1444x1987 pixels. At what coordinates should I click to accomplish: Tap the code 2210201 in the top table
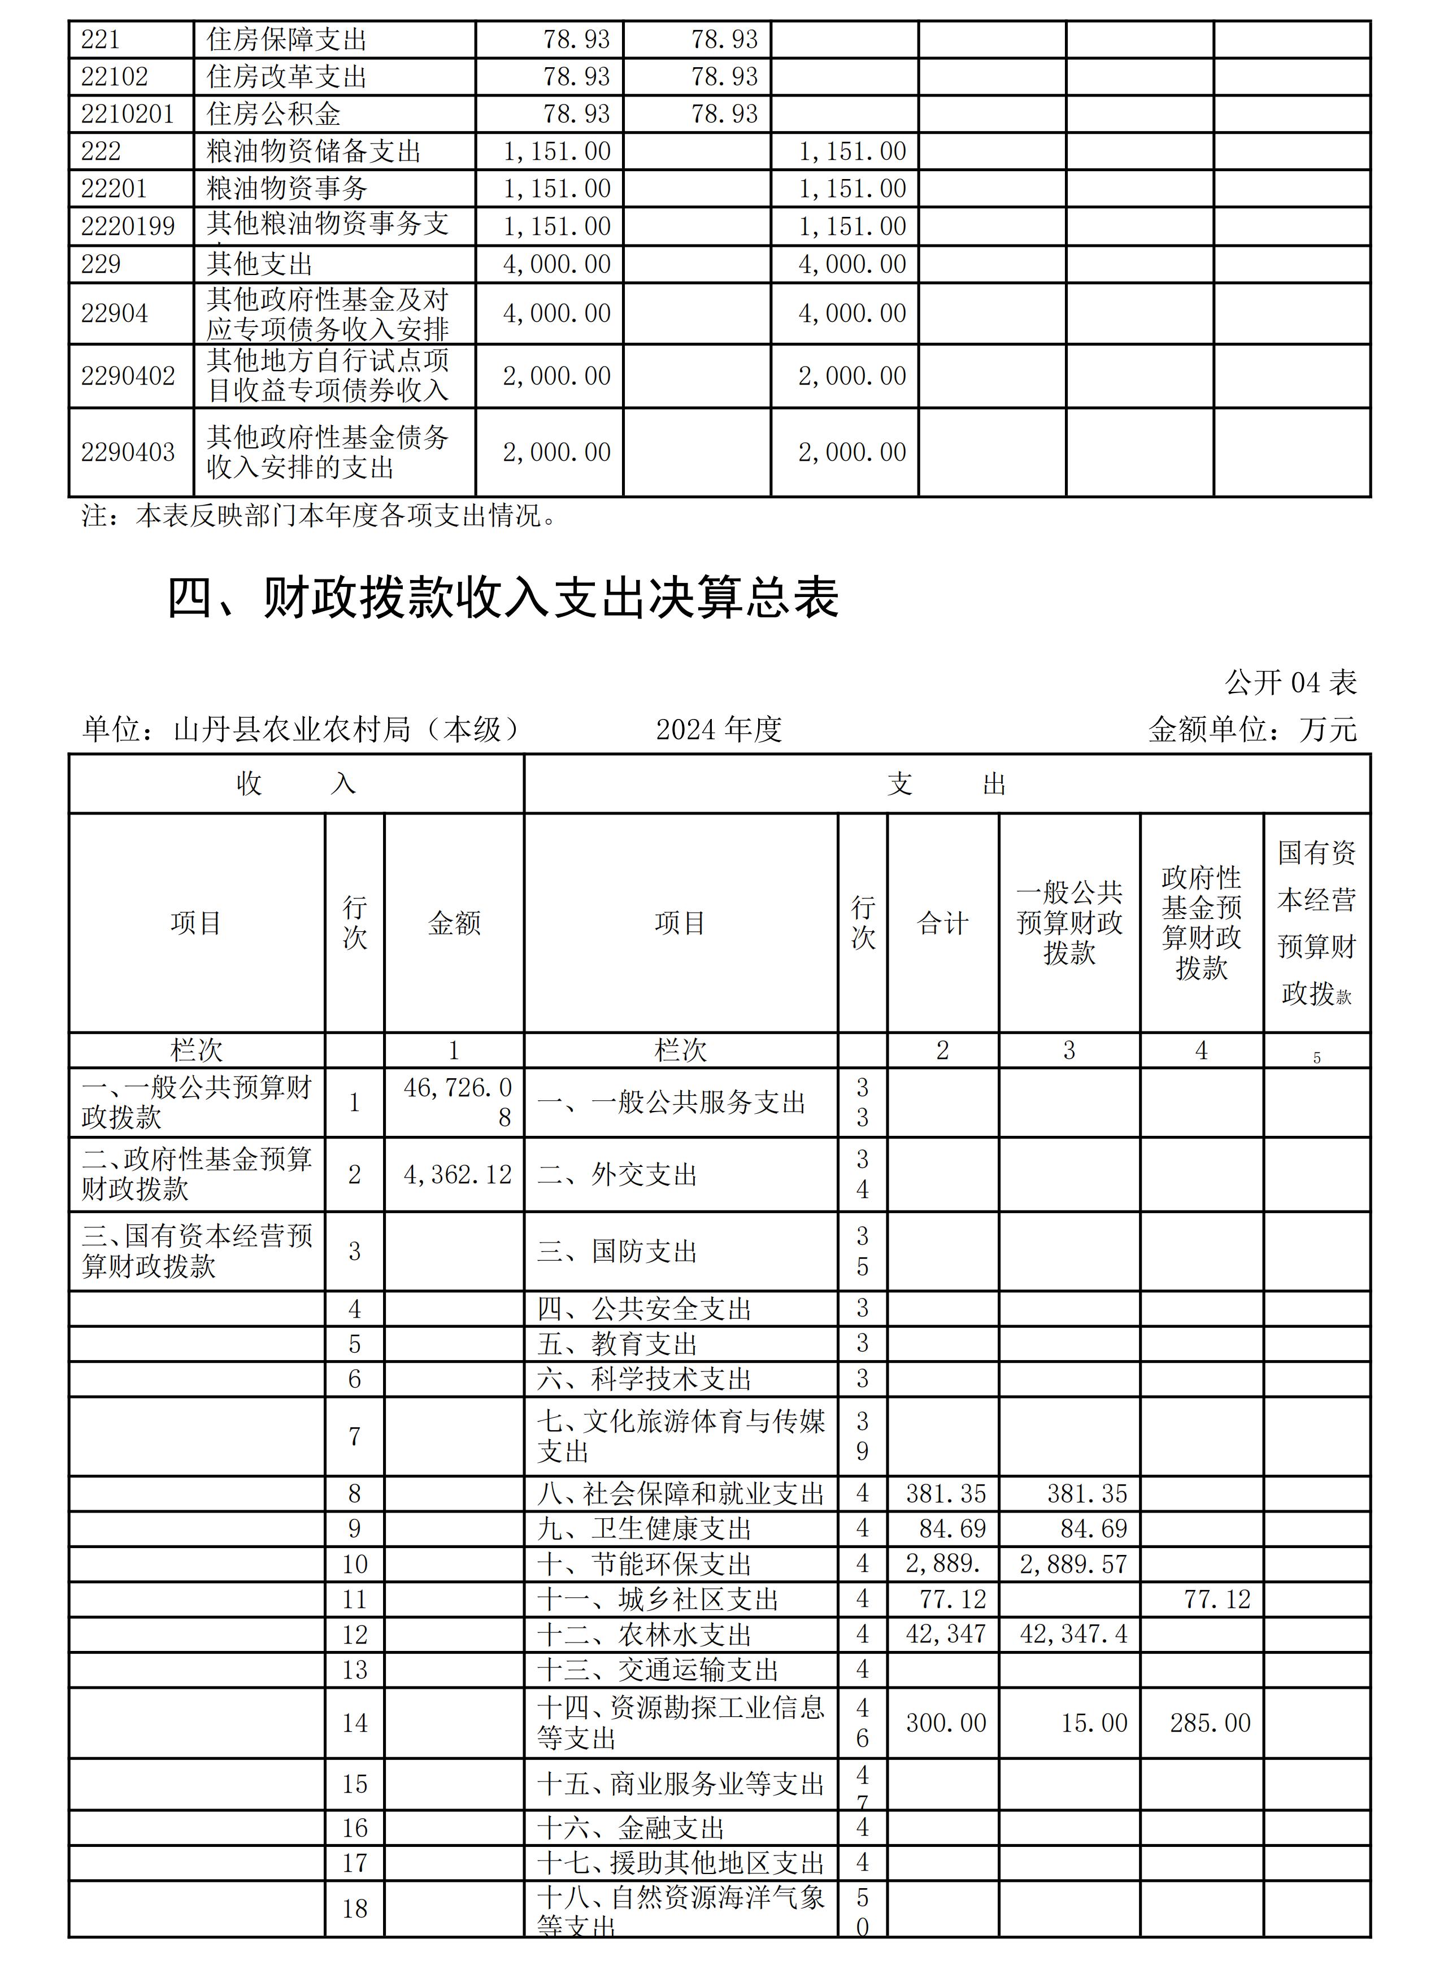pyautogui.click(x=128, y=114)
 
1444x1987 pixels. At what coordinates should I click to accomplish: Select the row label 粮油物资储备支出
pyautogui.click(x=314, y=151)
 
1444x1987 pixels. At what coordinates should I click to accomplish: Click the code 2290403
pyautogui.click(x=128, y=452)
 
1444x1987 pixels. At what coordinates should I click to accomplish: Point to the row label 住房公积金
pyautogui.click(x=273, y=114)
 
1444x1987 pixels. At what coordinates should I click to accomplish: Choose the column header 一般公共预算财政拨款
pyautogui.click(x=1069, y=922)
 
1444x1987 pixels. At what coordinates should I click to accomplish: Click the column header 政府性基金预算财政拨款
pyautogui.click(x=1201, y=922)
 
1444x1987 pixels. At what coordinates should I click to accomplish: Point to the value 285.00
pyautogui.click(x=1210, y=1723)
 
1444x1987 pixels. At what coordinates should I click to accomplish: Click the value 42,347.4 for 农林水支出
pyautogui.click(x=1073, y=1634)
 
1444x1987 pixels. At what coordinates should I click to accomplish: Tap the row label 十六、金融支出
pyautogui.click(x=631, y=1828)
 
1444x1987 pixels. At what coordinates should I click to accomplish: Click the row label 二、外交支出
pyautogui.click(x=617, y=1174)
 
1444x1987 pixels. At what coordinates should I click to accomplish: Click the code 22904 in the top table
pyautogui.click(x=115, y=313)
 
